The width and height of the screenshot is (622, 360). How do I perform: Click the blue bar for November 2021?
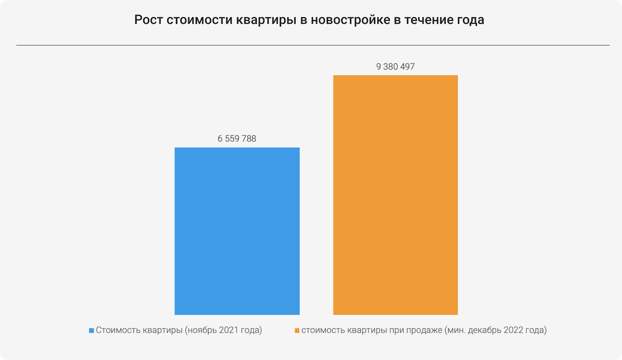tap(237, 231)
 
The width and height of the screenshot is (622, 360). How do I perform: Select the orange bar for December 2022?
tap(395, 195)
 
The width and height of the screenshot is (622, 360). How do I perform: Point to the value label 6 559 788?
tap(237, 138)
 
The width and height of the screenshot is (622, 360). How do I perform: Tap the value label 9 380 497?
tap(395, 66)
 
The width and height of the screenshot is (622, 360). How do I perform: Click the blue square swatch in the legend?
tap(91, 330)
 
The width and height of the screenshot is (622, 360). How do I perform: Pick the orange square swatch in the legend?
tap(297, 330)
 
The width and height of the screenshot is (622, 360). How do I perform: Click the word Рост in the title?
tap(148, 20)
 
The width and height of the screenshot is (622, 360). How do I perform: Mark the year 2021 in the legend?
tap(229, 330)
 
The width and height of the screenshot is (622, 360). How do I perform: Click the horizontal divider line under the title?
tap(313, 45)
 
